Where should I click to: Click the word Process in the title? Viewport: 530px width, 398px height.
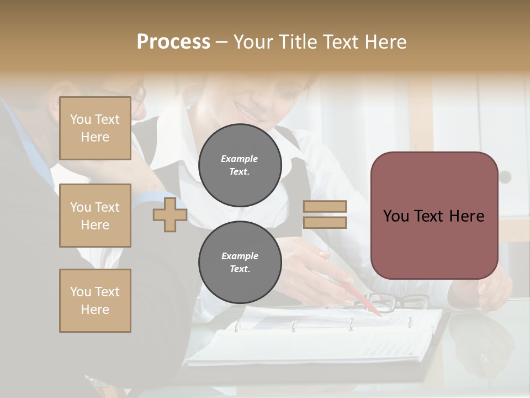[173, 42]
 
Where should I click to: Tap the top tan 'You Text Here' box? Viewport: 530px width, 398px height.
[95, 128]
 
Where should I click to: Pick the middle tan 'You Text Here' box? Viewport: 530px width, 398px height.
[95, 216]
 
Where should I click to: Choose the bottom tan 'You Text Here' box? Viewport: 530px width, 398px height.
[95, 300]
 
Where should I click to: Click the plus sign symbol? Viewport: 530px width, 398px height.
[169, 214]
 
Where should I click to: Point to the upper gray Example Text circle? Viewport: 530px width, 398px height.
[240, 165]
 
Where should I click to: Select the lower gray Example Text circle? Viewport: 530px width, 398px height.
[240, 263]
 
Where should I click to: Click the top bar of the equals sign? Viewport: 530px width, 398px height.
[325, 206]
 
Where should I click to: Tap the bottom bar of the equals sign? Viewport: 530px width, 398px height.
[325, 222]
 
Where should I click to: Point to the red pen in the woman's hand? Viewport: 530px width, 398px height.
[362, 298]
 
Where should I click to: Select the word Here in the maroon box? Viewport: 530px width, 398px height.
[467, 216]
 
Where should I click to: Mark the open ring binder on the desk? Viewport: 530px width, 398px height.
[315, 337]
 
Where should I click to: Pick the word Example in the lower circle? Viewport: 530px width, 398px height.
[240, 256]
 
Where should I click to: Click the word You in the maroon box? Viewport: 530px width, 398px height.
[396, 216]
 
